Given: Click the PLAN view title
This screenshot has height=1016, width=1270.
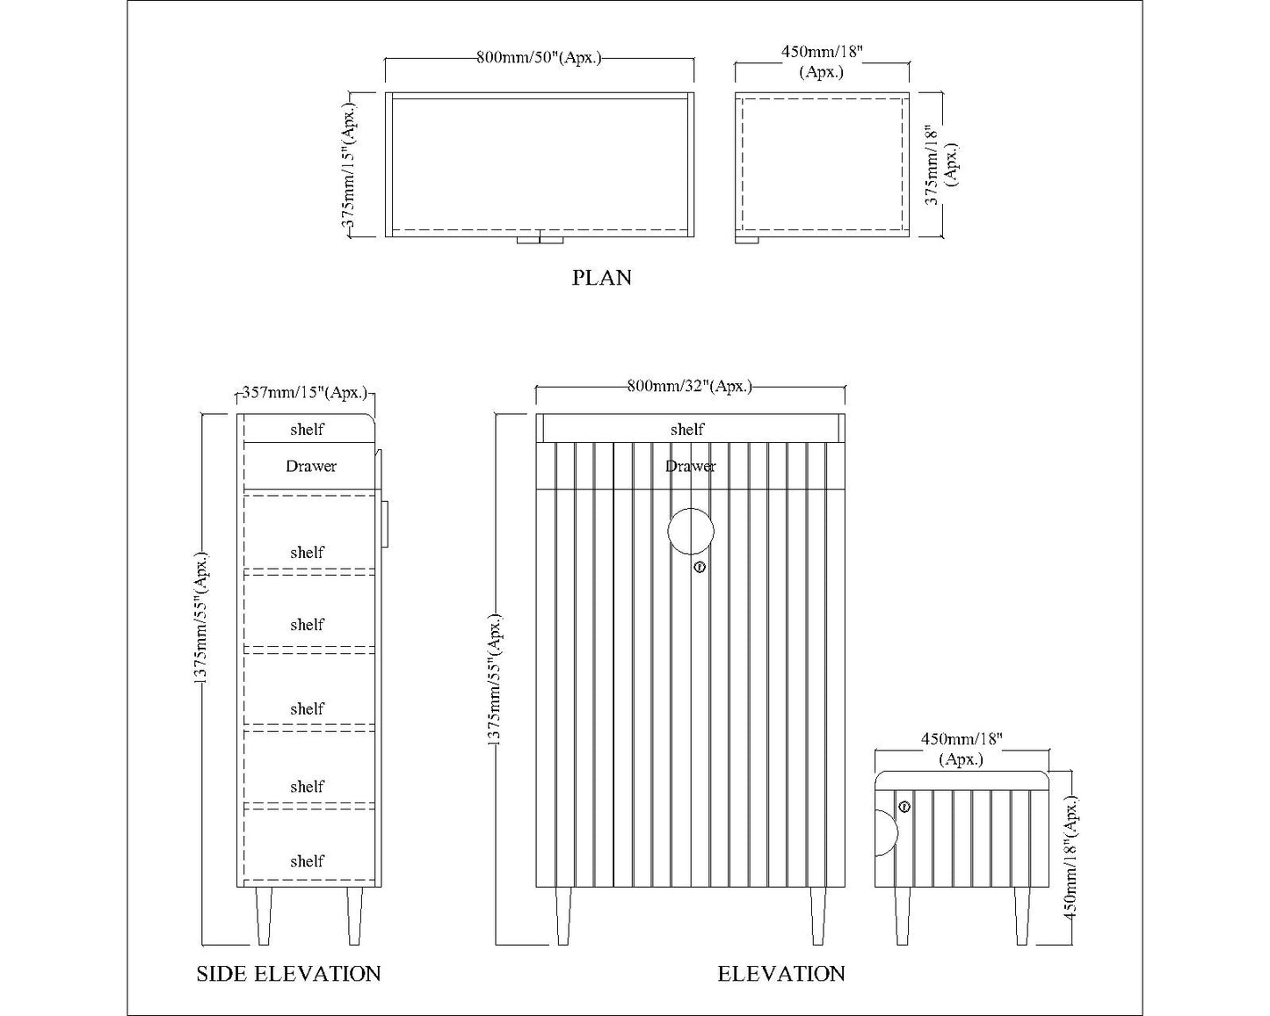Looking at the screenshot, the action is [601, 278].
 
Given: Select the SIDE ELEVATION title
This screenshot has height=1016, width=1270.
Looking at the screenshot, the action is [288, 974].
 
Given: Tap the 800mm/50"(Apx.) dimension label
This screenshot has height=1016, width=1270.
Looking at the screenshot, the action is [539, 57].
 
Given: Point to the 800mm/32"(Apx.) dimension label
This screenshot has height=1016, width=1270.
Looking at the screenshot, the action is [689, 386].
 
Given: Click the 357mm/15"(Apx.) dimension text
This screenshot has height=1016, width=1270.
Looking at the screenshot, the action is [304, 392].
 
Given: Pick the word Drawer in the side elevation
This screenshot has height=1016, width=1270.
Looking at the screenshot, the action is [311, 467].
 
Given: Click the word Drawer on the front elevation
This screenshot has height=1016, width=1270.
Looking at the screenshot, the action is [690, 467].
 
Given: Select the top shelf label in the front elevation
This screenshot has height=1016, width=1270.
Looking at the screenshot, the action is [687, 429].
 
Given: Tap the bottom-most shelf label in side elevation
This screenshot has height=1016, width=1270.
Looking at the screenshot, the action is [307, 860].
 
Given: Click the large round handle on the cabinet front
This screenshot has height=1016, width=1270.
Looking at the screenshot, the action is [691, 532].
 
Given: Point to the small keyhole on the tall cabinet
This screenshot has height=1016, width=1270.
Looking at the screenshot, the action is [700, 568].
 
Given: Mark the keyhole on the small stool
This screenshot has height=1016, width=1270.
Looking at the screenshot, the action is [904, 807].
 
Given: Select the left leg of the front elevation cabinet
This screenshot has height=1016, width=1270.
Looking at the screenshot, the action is [563, 916].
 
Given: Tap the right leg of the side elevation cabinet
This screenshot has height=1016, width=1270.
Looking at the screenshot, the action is [354, 916].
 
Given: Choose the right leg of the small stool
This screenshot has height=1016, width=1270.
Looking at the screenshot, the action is [1022, 916].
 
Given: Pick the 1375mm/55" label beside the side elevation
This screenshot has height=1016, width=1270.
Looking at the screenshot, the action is [201, 618].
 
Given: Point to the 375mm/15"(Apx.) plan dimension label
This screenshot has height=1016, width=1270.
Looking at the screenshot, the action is [349, 165].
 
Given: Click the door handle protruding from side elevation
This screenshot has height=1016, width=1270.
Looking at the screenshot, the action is [385, 525].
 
